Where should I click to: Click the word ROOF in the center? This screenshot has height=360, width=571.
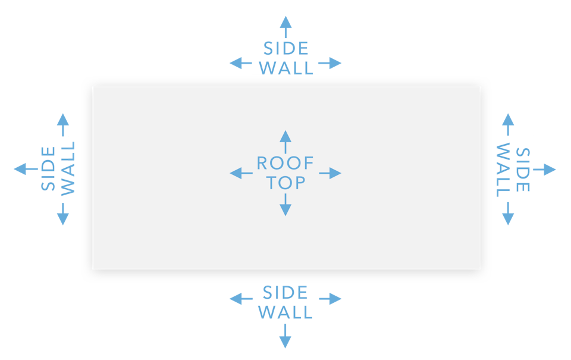(x=285, y=163)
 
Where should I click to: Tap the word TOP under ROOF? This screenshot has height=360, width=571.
(x=285, y=183)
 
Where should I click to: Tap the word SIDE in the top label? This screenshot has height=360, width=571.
(x=285, y=48)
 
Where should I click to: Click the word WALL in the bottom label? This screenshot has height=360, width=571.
(x=285, y=312)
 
